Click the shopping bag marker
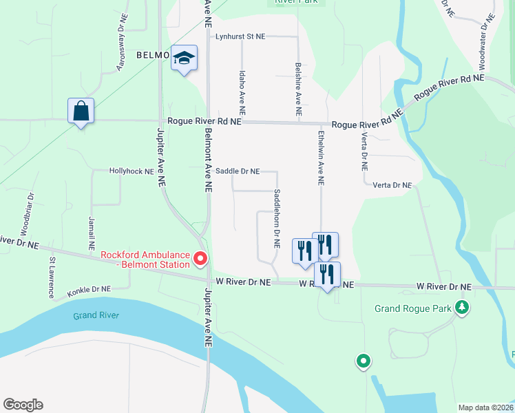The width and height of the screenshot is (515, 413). tap(81, 112)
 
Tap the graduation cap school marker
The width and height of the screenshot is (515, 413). tap(185, 59)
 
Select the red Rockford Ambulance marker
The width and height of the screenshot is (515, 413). tap(200, 259)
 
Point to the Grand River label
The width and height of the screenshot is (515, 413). tap(96, 316)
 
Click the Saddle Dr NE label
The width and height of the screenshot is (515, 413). tap(238, 171)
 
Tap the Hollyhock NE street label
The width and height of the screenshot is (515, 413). tap(132, 171)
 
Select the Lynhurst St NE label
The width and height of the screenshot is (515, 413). tap(241, 36)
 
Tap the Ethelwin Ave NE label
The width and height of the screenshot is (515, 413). tap(321, 157)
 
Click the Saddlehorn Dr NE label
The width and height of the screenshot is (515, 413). tap(277, 218)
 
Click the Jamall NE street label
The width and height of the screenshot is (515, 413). tap(91, 233)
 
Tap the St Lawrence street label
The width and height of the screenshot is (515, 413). tap(52, 278)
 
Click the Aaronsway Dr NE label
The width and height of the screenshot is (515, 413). tap(122, 49)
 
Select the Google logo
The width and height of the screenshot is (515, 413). tap(23, 405)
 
